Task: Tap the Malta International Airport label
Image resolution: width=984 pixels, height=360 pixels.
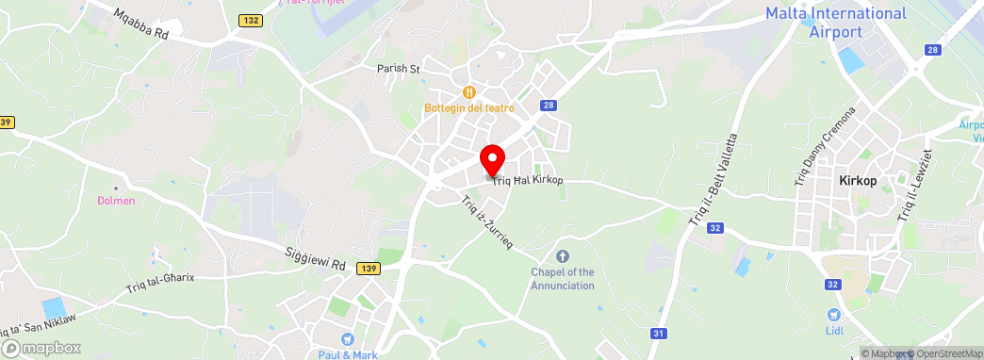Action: pos(835,23)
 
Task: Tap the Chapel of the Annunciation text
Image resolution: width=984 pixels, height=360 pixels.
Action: pos(563,279)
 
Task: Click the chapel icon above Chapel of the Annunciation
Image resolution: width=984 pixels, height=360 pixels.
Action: pos(563,255)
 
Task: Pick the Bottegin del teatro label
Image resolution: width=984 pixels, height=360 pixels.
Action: pos(468,108)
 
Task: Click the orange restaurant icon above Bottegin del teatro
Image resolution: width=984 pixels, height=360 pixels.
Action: pos(468,91)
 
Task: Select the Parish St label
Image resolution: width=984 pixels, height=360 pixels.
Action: pos(398,69)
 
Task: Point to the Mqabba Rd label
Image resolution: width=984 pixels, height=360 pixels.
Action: pos(139,25)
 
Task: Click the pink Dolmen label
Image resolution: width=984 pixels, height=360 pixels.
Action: pos(116,201)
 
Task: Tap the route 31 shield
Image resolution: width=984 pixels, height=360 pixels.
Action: pos(659,333)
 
